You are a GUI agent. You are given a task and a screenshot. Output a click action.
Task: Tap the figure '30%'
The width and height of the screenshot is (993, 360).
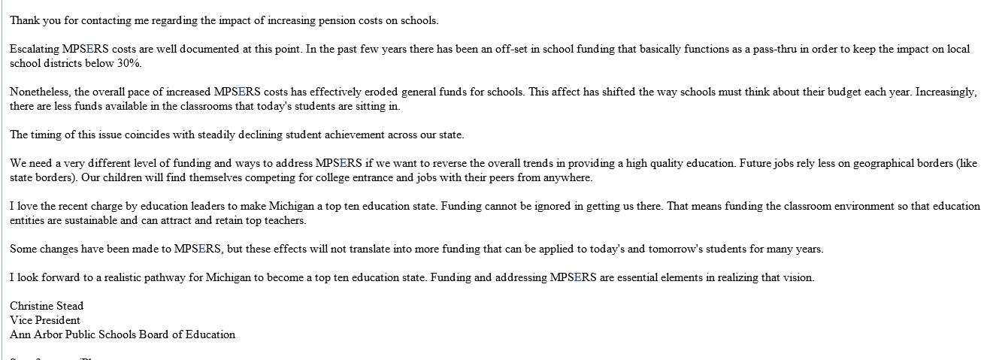129,63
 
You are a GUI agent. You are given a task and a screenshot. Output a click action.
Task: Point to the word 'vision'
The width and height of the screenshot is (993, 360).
798,278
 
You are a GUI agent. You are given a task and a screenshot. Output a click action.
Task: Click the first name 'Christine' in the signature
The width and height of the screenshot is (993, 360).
31,306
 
